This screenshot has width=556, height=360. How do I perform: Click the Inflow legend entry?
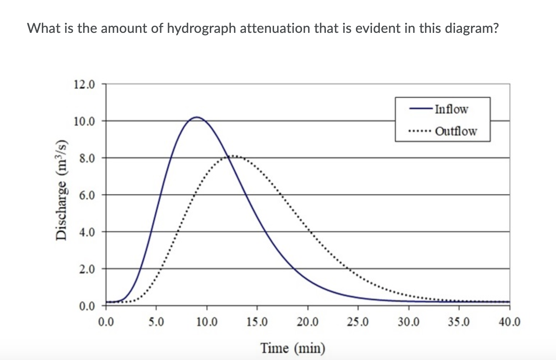click(x=451, y=109)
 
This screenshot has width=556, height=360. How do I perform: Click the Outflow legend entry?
click(x=456, y=131)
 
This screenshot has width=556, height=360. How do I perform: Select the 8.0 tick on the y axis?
click(x=87, y=158)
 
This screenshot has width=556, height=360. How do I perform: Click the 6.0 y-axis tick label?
click(x=87, y=195)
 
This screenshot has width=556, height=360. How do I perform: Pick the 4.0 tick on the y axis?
click(x=87, y=232)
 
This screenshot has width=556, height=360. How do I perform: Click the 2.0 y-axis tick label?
click(x=87, y=269)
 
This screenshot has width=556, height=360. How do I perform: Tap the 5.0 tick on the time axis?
click(x=156, y=322)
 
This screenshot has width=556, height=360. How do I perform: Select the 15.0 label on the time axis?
click(x=257, y=322)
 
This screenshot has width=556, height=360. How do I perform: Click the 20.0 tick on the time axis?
click(x=307, y=322)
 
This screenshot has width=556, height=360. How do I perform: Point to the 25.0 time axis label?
click(x=358, y=322)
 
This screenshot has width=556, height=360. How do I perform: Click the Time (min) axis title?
click(x=293, y=348)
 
